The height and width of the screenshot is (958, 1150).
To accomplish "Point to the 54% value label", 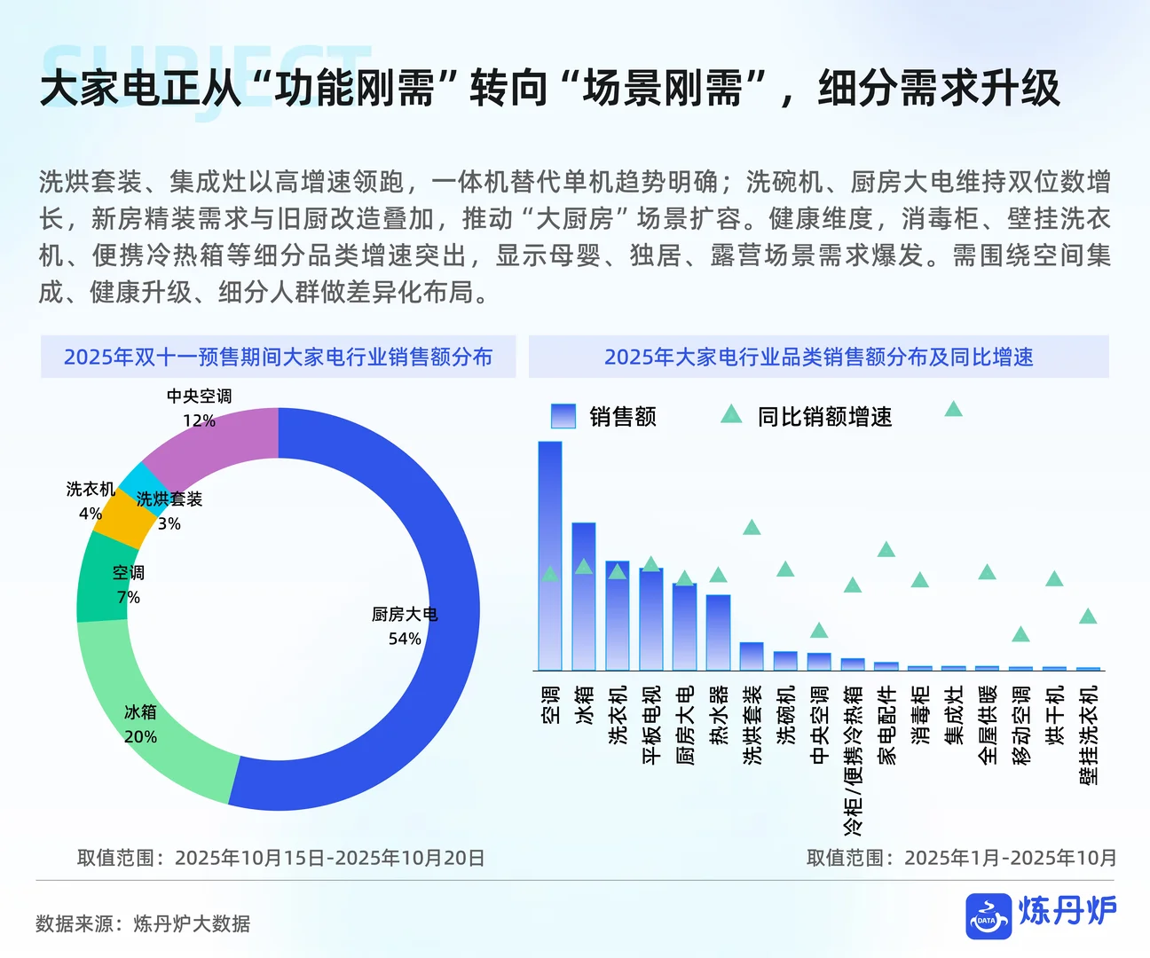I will pyautogui.click(x=405, y=639).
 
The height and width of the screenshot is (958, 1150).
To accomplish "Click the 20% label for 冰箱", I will pyautogui.click(x=140, y=736).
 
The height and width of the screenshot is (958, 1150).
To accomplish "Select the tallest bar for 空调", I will pyautogui.click(x=550, y=555).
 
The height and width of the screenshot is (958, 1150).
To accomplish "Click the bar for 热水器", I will pyautogui.click(x=718, y=632).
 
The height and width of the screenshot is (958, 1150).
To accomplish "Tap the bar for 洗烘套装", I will pyautogui.click(x=752, y=656).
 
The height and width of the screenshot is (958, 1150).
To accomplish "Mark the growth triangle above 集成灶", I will pyautogui.click(x=954, y=409).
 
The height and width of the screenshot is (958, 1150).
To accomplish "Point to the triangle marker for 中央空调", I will pyautogui.click(x=819, y=631).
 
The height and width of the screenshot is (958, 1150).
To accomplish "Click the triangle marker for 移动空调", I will pyautogui.click(x=1020, y=634).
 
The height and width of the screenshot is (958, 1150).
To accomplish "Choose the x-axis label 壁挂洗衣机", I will pyautogui.click(x=1088, y=734).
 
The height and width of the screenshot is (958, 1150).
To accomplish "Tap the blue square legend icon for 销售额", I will pyautogui.click(x=563, y=416).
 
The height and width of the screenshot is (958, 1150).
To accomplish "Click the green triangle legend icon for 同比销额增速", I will pyautogui.click(x=731, y=414).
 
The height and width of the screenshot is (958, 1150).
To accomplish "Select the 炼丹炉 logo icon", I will pyautogui.click(x=989, y=915).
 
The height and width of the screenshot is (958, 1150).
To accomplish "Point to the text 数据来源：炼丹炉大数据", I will pyautogui.click(x=143, y=923).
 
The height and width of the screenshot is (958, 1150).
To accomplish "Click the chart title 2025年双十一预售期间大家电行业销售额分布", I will pyautogui.click(x=278, y=357).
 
